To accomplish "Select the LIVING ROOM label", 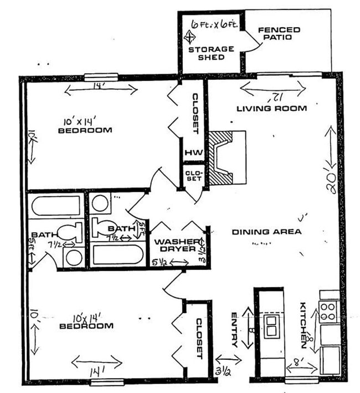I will click(271, 109).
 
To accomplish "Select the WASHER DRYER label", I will click(176, 245).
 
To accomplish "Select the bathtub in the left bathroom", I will click(57, 206).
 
